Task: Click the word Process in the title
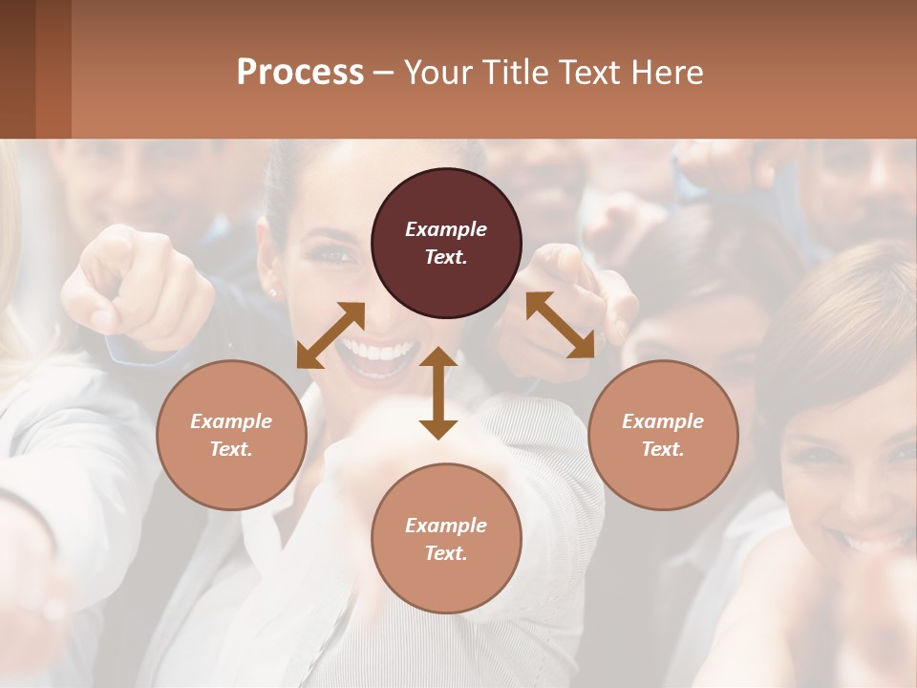[x=300, y=73]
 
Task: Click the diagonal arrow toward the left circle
[x=331, y=335]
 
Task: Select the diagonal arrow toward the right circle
[x=560, y=325]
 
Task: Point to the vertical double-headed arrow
[x=438, y=393]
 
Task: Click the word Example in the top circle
[x=446, y=229]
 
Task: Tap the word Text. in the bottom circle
[x=446, y=553]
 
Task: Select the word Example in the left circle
[x=231, y=421]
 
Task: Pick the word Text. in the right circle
[x=663, y=449]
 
